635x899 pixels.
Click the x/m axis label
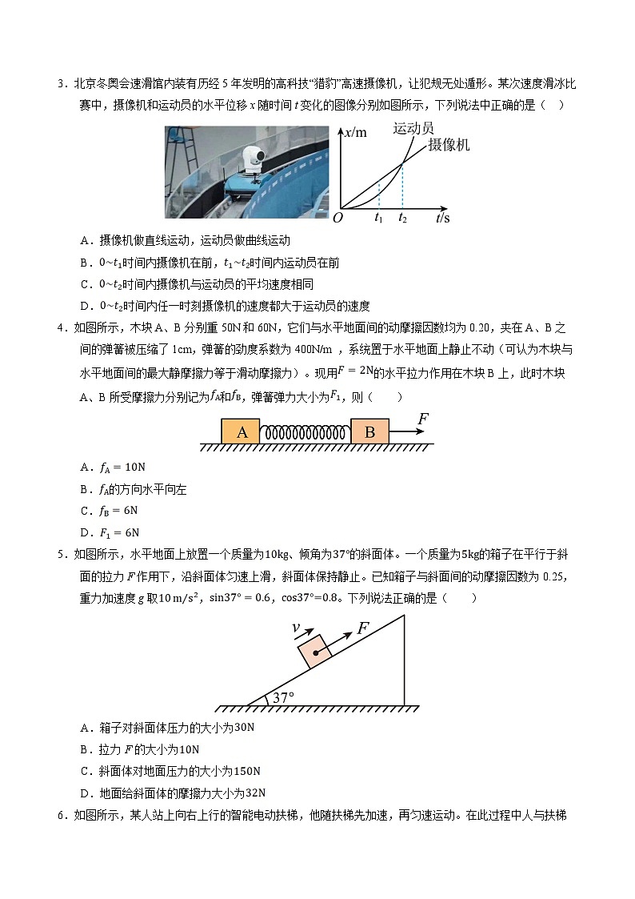tap(354, 133)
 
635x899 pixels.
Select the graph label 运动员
tap(413, 129)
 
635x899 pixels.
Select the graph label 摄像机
tap(449, 145)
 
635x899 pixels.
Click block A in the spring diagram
tap(241, 431)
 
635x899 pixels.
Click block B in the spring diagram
tap(369, 431)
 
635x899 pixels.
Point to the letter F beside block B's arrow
tap(423, 418)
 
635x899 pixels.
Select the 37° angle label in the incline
tap(284, 697)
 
